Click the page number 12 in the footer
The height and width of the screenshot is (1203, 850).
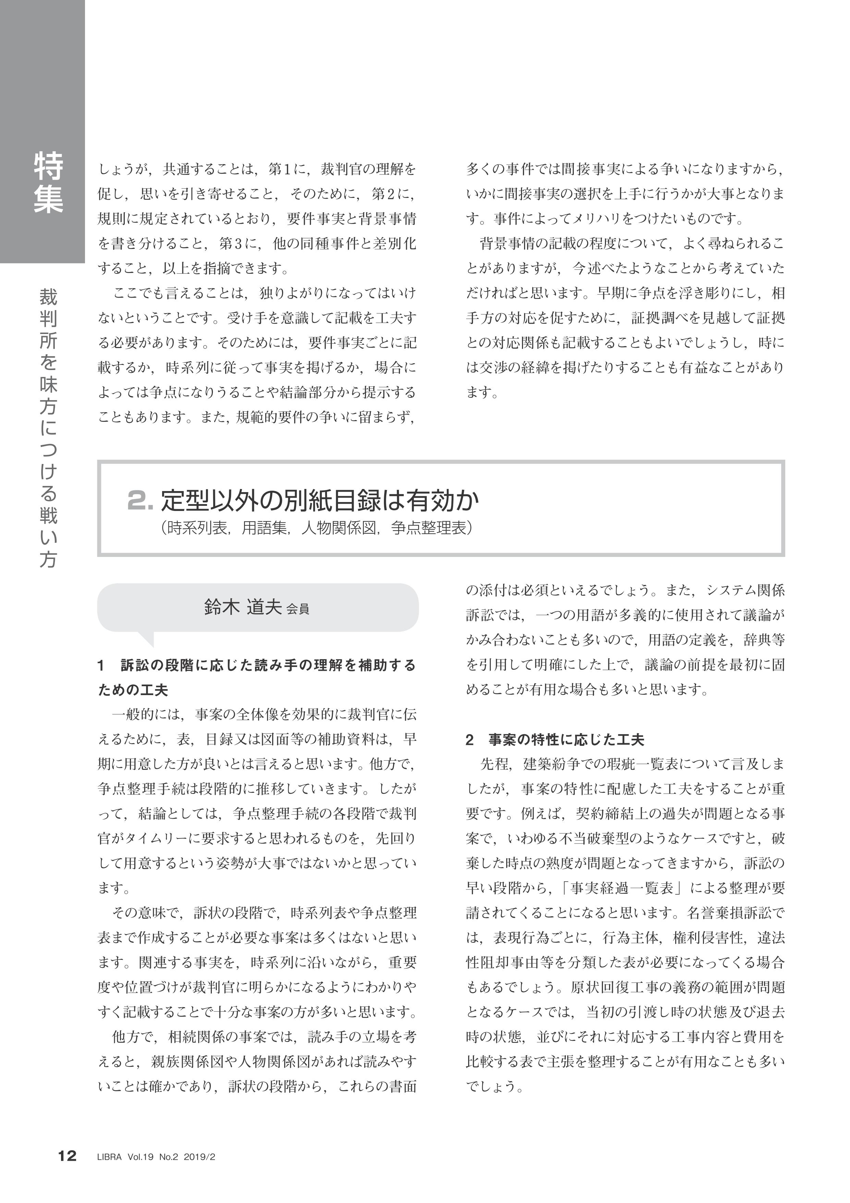click(x=67, y=1171)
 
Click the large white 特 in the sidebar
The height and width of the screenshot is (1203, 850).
click(x=49, y=166)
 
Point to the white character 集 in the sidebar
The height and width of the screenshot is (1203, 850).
click(x=49, y=200)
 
